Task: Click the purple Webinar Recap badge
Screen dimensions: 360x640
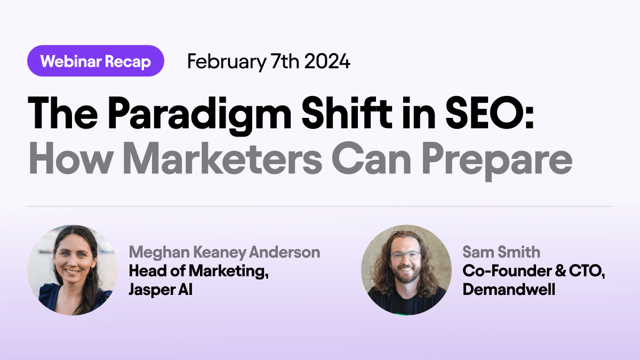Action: click(95, 61)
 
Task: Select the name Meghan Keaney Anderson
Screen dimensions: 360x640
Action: click(224, 252)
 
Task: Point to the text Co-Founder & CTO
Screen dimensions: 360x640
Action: click(534, 271)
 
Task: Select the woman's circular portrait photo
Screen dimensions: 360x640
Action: click(73, 270)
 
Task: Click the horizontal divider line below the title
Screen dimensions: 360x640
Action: click(320, 206)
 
